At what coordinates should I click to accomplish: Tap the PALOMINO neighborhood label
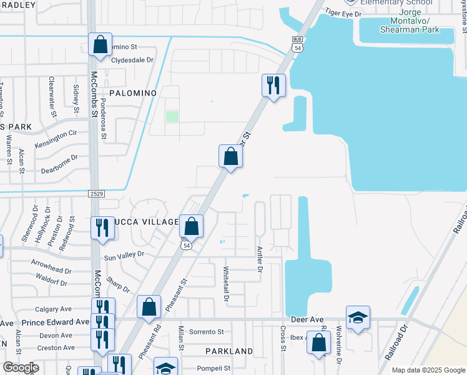pos(132,93)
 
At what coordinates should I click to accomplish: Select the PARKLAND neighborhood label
pos(232,351)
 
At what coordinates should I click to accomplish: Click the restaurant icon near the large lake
pos(273,85)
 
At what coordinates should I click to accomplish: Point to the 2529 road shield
pos(96,194)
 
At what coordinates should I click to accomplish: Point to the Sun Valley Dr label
pos(124,255)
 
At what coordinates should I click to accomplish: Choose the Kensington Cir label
pos(56,138)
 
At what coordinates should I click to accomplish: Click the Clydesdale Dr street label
pos(132,60)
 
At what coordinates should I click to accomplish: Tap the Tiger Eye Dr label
pos(343,14)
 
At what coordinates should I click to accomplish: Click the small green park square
pos(172,116)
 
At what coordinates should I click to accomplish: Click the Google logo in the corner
pos(20,367)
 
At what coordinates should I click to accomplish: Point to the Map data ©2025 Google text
pos(428,370)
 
